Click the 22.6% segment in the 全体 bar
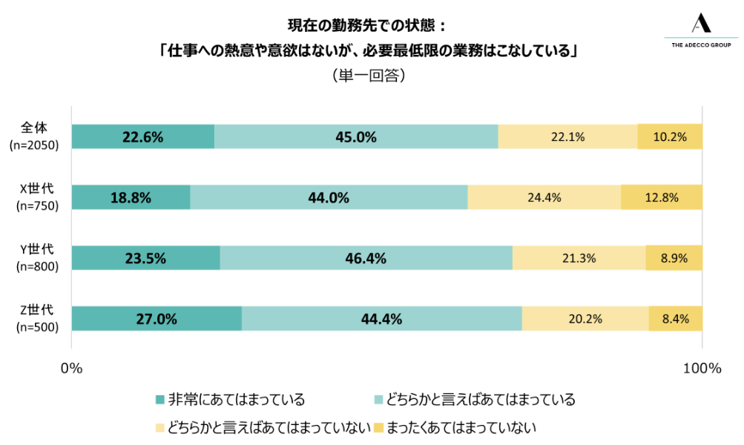point(142,136)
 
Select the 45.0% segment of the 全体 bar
point(356,136)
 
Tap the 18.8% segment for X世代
point(131,197)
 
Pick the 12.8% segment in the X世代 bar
point(661,197)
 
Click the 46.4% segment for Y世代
point(366,258)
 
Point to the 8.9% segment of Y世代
point(674,258)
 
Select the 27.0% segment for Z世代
point(156,319)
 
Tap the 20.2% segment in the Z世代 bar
point(585,319)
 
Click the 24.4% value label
point(544,198)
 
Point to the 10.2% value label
point(670,136)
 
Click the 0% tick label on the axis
point(71,369)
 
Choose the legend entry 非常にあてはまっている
point(230,400)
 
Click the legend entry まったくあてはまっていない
point(453,428)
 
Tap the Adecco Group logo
point(700,32)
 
